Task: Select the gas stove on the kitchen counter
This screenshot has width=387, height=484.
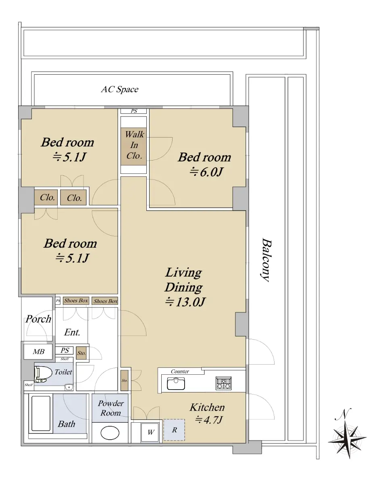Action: (x=223, y=383)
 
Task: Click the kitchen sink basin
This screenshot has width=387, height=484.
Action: (x=176, y=384)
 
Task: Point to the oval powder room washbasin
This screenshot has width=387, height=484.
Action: (x=110, y=433)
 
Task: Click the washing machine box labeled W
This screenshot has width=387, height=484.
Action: (x=150, y=432)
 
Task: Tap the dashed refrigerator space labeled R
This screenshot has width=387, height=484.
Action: (x=174, y=430)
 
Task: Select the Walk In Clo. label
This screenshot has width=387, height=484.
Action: (x=134, y=145)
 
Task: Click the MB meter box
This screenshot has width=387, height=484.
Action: (x=38, y=352)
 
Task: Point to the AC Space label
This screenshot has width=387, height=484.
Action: (x=120, y=90)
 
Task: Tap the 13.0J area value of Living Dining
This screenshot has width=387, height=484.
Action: (x=185, y=302)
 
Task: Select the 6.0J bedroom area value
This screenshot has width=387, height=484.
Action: (x=206, y=172)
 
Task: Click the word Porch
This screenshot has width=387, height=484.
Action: (x=38, y=319)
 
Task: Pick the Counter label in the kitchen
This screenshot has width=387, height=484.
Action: (x=180, y=371)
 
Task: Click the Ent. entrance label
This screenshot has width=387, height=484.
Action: (x=72, y=332)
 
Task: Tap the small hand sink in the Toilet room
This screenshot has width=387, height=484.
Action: (x=69, y=387)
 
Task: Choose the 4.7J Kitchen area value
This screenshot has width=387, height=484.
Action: (x=209, y=420)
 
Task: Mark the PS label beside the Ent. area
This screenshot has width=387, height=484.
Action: (x=64, y=350)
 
